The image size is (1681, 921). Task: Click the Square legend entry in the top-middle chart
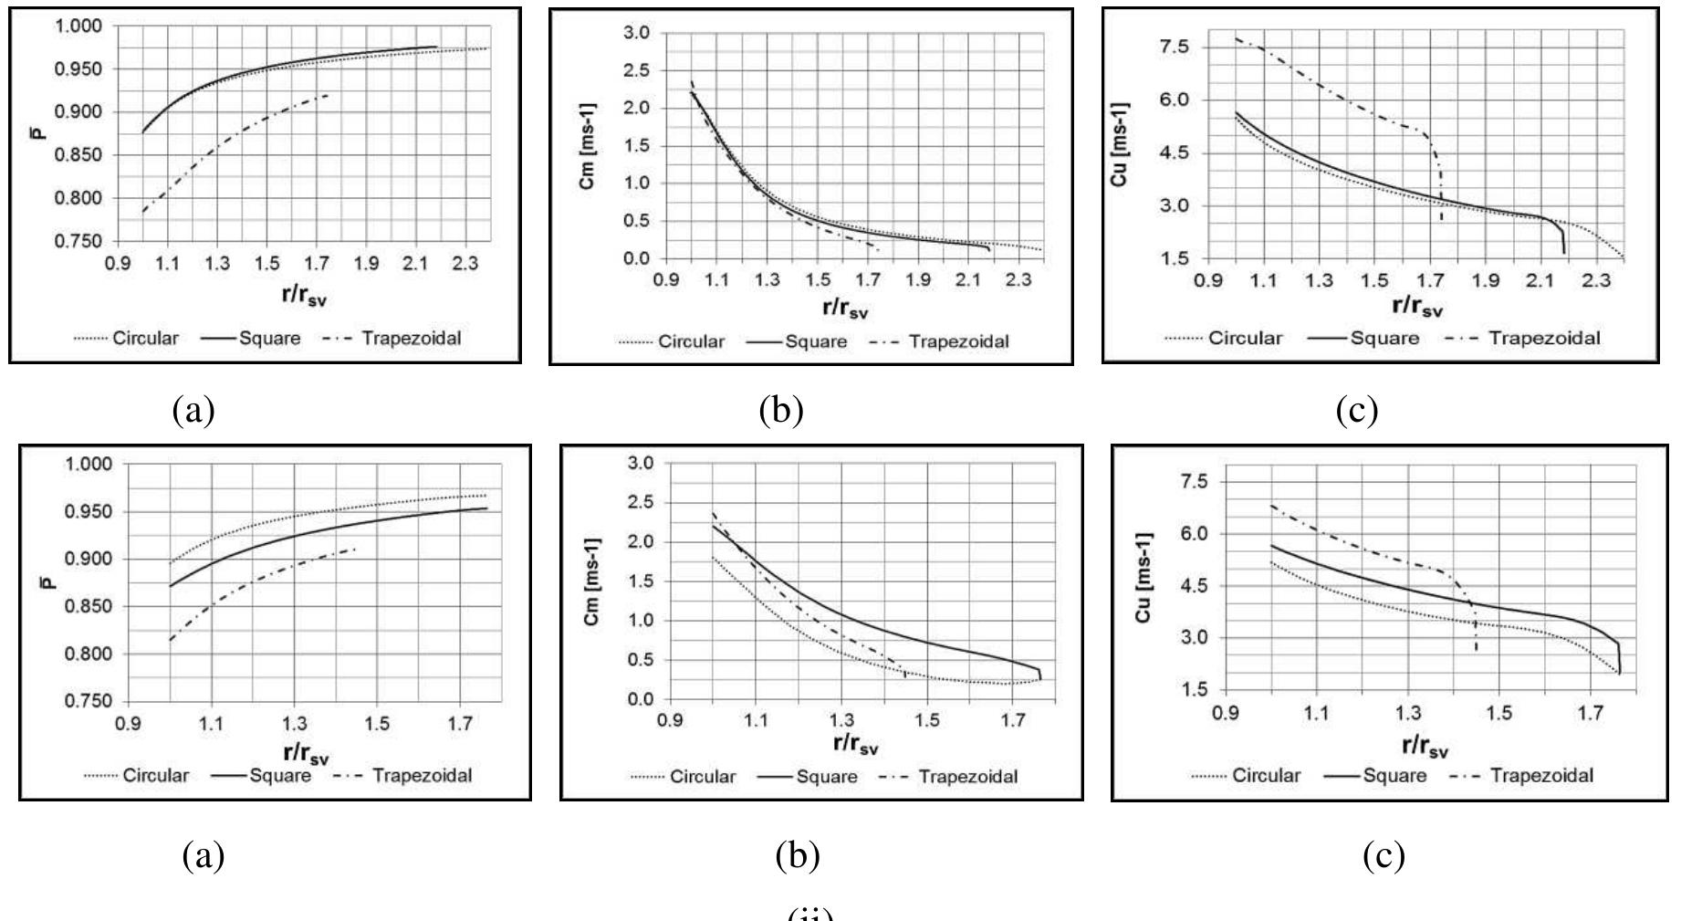[x=816, y=342]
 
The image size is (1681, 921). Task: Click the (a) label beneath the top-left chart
[x=193, y=411]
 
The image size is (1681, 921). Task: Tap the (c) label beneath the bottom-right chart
[x=1383, y=856]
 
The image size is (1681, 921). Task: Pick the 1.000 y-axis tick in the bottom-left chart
[x=92, y=465]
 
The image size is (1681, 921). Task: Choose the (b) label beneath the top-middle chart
[x=781, y=411]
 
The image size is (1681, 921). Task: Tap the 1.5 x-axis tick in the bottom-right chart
[x=1498, y=711]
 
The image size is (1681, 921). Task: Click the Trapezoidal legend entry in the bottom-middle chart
[x=967, y=777]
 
